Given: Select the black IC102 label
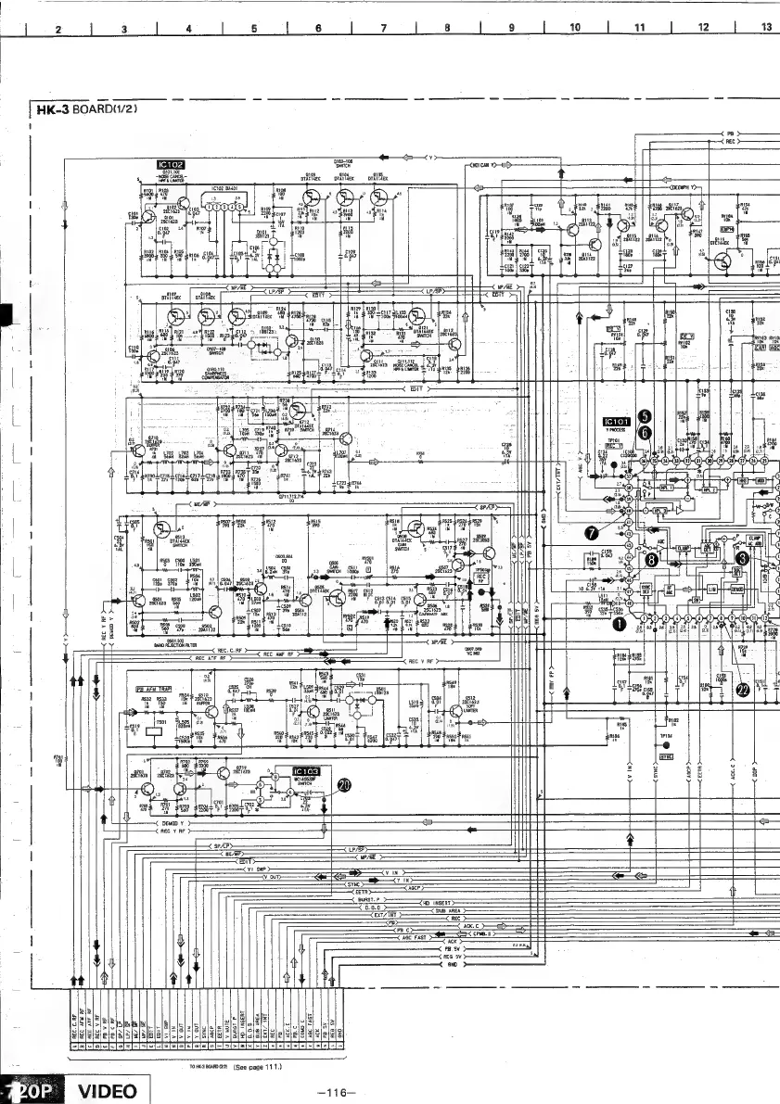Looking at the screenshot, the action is pyautogui.click(x=172, y=166).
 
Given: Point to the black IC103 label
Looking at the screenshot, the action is pyautogui.click(x=305, y=771).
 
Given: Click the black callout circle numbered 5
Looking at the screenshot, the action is pyautogui.click(x=646, y=418).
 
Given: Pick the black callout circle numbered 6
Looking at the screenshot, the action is pyautogui.click(x=646, y=432).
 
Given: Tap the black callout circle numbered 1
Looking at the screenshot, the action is pyautogui.click(x=615, y=624).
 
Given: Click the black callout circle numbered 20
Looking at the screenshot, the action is pyautogui.click(x=344, y=785).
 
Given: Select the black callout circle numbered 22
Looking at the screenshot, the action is pyautogui.click(x=740, y=688).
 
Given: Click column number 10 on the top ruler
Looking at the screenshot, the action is pyautogui.click(x=574, y=28).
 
